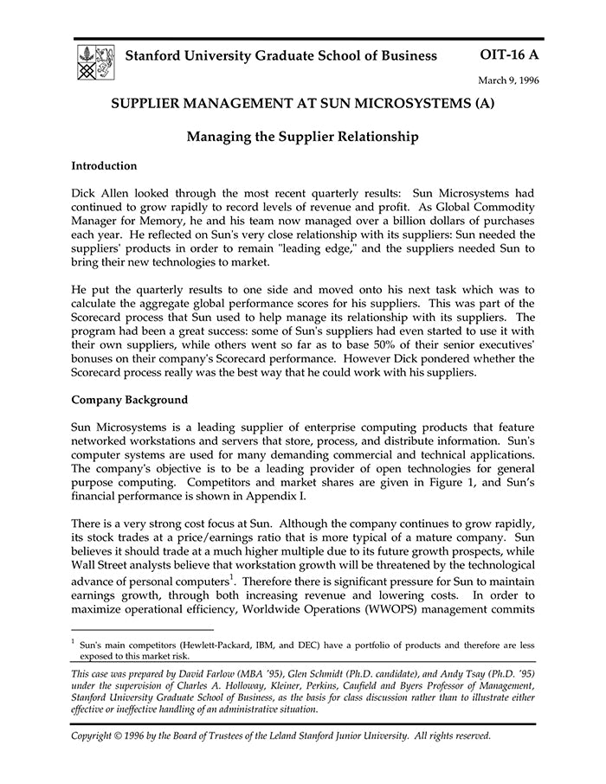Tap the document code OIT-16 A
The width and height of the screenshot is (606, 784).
(x=508, y=55)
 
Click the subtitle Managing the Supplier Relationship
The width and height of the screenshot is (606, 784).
(x=303, y=136)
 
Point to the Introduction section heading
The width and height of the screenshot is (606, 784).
(x=104, y=165)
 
